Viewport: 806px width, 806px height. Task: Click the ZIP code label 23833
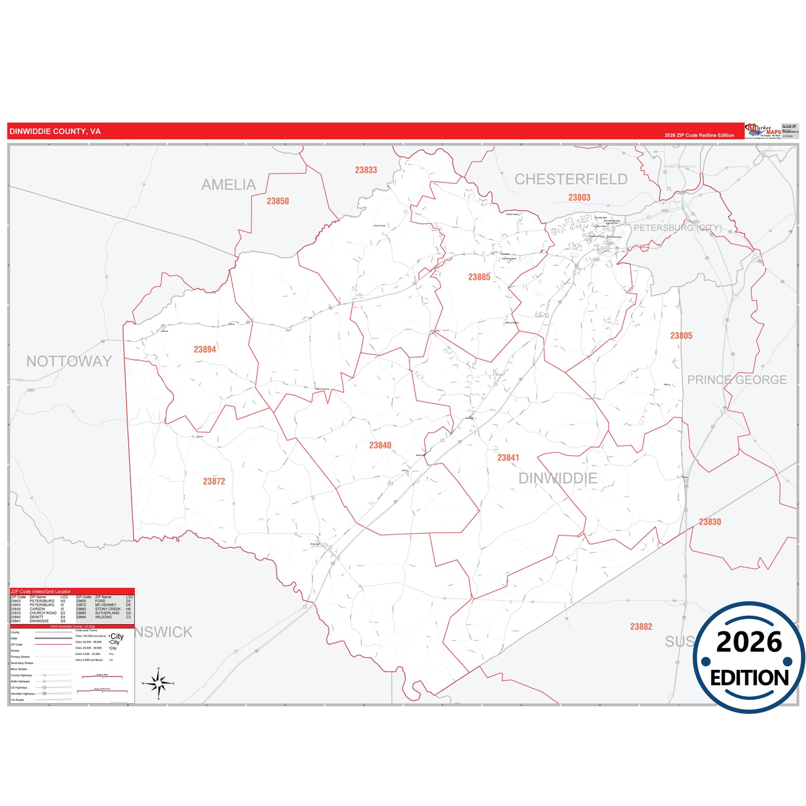click(366, 170)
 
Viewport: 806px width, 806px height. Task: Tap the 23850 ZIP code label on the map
click(278, 201)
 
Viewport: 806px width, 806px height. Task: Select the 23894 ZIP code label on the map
click(205, 350)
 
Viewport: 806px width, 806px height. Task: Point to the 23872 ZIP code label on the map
click(214, 481)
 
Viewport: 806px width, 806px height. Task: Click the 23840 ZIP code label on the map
click(380, 446)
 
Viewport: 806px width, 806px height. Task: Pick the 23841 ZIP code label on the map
click(508, 458)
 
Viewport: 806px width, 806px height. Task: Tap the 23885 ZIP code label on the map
click(479, 277)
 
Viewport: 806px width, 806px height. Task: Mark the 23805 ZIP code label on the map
click(681, 336)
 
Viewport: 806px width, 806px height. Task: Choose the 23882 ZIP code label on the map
click(641, 627)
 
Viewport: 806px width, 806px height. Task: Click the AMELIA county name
click(229, 185)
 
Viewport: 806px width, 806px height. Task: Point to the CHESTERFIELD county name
click(571, 179)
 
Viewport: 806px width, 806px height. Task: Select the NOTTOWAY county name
click(69, 361)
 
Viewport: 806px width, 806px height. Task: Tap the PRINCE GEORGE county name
click(737, 380)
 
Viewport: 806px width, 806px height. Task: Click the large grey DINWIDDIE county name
click(558, 479)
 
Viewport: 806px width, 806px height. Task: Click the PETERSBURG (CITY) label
click(677, 228)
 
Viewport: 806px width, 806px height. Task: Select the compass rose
click(158, 683)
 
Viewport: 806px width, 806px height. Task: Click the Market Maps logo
click(763, 131)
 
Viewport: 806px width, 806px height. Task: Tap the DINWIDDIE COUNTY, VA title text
click(55, 132)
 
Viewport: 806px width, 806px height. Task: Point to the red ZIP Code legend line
click(54, 645)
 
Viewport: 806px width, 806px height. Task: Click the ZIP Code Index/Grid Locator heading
click(41, 591)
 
